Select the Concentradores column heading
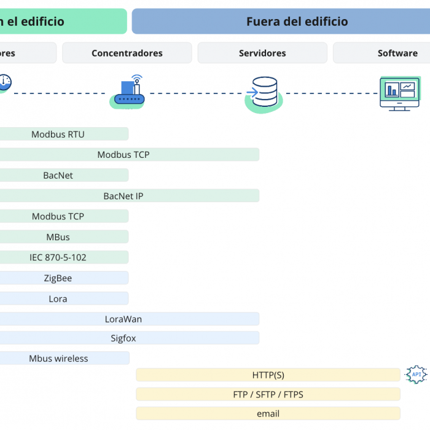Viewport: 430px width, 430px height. point(127,53)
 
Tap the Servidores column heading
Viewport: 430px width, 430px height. point(262,53)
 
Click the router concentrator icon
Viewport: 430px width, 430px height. point(128,92)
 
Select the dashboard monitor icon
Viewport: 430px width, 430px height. point(400,94)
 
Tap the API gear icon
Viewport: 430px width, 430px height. point(416,374)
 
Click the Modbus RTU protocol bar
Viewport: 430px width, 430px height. point(64,134)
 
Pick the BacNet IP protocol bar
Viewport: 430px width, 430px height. point(130,196)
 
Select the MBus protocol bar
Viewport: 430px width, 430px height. point(64,237)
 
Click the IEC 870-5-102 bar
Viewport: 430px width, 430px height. point(64,257)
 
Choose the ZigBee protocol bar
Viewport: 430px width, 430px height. point(64,278)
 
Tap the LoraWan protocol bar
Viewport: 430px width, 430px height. point(130,319)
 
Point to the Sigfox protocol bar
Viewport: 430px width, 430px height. point(130,338)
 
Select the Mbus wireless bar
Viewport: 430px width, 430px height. point(64,358)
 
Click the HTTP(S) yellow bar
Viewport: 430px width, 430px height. point(268,375)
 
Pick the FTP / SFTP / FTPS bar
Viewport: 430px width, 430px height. point(268,394)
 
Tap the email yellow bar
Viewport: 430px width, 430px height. point(268,413)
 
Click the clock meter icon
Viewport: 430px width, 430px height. point(5,83)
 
